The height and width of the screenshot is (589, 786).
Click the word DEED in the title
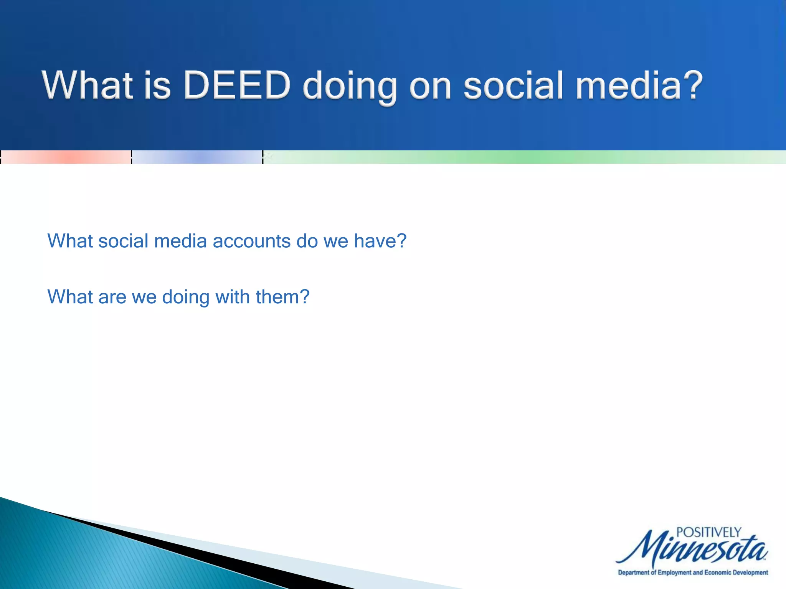tap(237, 85)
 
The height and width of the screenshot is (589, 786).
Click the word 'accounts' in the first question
tap(251, 241)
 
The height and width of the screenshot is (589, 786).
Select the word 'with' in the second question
tap(232, 297)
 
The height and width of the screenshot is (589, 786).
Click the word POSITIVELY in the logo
tap(708, 533)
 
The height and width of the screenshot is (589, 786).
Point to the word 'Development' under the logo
tap(750, 573)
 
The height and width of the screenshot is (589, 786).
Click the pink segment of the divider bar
tap(66, 157)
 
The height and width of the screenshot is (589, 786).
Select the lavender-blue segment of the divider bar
tap(197, 157)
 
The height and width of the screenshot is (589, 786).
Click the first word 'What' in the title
tap(88, 85)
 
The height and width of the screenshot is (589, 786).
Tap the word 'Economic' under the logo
tap(717, 573)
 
